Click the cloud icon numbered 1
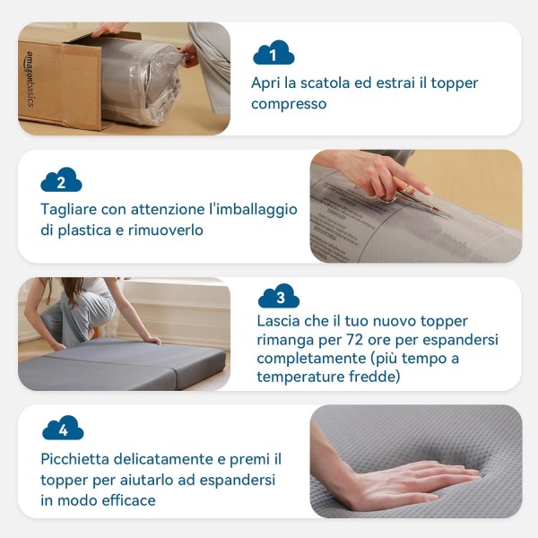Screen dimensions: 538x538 coord(273,53)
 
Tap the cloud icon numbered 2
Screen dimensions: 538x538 coord(61,179)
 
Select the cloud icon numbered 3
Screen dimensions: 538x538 coord(279,296)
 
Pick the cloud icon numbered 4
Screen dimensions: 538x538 coord(63,428)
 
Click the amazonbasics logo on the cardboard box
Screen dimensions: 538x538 coord(30,79)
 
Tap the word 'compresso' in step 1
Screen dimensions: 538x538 coord(289,104)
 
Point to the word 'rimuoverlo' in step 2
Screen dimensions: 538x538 coord(165,230)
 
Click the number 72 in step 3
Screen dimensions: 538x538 coord(355,340)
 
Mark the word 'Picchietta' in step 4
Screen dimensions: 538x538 coord(74,459)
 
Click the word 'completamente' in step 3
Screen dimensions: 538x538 coord(311,359)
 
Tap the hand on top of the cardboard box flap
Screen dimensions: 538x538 coord(108,29)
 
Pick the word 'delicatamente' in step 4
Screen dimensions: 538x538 coord(169,459)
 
